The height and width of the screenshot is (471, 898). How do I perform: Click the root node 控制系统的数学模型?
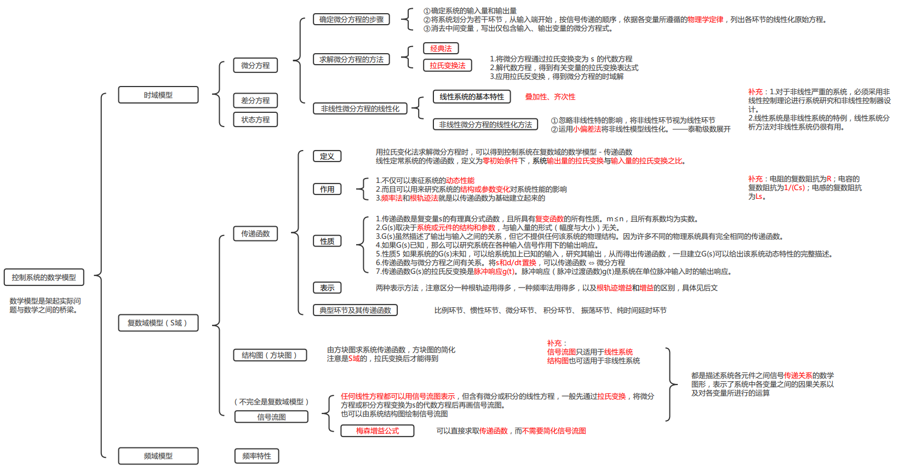click(x=44, y=277)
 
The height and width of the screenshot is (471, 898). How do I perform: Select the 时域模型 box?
click(x=158, y=95)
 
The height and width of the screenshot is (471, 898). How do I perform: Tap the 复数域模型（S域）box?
click(x=158, y=323)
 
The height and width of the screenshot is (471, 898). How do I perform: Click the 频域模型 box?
click(x=158, y=456)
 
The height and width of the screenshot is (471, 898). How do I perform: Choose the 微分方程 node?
click(x=255, y=65)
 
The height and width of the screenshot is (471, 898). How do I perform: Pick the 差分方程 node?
click(x=255, y=100)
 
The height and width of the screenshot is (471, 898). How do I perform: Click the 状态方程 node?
click(x=255, y=119)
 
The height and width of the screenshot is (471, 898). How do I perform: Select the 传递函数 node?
click(x=255, y=233)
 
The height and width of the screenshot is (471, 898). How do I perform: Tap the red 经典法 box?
click(x=441, y=48)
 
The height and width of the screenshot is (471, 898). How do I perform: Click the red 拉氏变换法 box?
click(x=447, y=65)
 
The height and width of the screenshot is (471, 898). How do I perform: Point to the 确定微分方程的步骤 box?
click(x=351, y=19)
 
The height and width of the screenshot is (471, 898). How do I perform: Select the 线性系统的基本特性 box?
click(x=472, y=96)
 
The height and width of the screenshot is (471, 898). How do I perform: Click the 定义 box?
click(x=327, y=156)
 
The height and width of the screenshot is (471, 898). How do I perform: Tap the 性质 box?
click(x=327, y=241)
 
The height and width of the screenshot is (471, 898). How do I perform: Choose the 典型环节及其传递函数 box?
click(x=355, y=310)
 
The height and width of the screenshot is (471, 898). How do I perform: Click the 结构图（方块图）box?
click(x=269, y=355)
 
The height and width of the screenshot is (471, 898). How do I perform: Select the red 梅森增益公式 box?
click(x=377, y=430)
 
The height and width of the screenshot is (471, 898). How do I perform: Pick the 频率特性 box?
click(x=256, y=456)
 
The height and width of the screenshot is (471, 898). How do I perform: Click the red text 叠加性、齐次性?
click(x=550, y=96)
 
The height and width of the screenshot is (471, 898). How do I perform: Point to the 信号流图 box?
click(x=271, y=417)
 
